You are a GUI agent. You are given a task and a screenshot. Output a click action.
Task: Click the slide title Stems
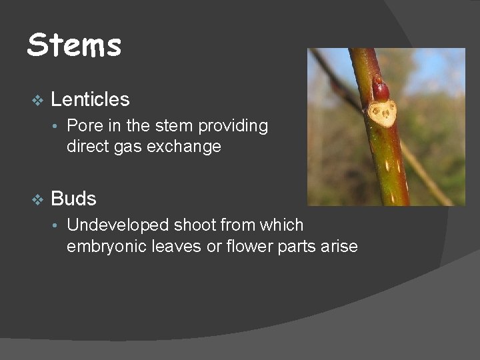(74, 46)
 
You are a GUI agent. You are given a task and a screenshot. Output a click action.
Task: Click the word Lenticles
(90, 100)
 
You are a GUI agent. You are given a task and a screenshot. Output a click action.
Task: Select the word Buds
(73, 199)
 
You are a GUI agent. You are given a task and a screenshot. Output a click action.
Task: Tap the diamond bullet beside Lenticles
(37, 100)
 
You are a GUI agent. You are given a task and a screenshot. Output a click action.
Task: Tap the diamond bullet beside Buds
(37, 199)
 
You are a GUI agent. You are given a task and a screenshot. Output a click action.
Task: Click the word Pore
(84, 126)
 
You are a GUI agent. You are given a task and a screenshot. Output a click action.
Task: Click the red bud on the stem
(380, 89)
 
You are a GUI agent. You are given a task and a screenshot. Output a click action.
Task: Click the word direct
(86, 147)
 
